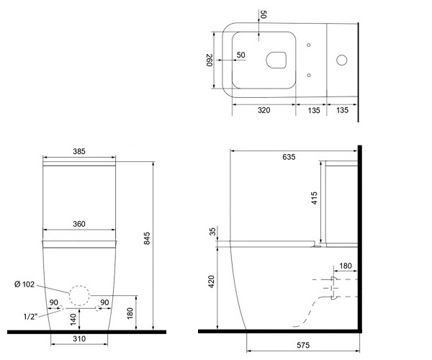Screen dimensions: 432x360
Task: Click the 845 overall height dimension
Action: (x=147, y=238)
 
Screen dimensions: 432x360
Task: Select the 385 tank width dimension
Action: (x=79, y=151)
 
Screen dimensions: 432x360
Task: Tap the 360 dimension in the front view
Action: (x=79, y=224)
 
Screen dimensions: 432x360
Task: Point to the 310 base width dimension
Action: (x=79, y=338)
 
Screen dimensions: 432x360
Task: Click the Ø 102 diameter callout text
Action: (x=24, y=284)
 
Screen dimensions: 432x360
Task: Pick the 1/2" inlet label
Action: (x=30, y=317)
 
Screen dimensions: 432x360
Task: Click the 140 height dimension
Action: (x=73, y=319)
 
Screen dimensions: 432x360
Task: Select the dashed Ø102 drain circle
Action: (x=79, y=295)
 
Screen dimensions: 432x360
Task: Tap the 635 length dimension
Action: (x=289, y=157)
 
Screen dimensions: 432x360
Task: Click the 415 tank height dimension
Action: (x=314, y=198)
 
